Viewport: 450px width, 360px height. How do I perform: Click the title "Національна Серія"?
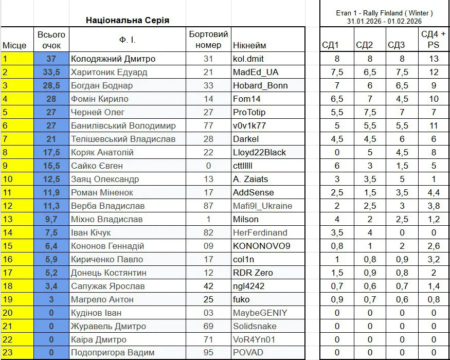click(x=127, y=21)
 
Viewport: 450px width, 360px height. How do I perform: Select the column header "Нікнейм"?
click(x=249, y=45)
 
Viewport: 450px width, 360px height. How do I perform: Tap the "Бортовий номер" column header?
click(x=208, y=40)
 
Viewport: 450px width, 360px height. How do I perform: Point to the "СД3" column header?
click(x=397, y=45)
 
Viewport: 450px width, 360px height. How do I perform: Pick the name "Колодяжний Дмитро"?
click(x=113, y=59)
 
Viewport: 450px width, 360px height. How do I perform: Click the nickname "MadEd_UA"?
click(x=256, y=72)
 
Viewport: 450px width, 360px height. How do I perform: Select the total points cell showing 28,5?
click(x=51, y=85)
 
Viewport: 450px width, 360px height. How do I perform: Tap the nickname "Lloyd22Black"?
click(x=259, y=152)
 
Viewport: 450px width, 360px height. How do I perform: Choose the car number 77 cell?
click(x=208, y=125)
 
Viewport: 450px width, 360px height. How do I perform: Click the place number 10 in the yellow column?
click(x=8, y=179)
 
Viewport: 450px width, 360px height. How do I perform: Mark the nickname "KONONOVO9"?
click(x=261, y=246)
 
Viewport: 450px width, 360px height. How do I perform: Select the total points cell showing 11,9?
click(x=51, y=192)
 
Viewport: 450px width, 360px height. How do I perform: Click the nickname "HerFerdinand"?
click(x=260, y=232)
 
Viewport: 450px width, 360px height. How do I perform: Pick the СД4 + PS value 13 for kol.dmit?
click(x=434, y=59)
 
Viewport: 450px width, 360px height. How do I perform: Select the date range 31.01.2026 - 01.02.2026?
click(x=384, y=21)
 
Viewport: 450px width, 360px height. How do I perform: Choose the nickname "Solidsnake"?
click(x=255, y=326)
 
